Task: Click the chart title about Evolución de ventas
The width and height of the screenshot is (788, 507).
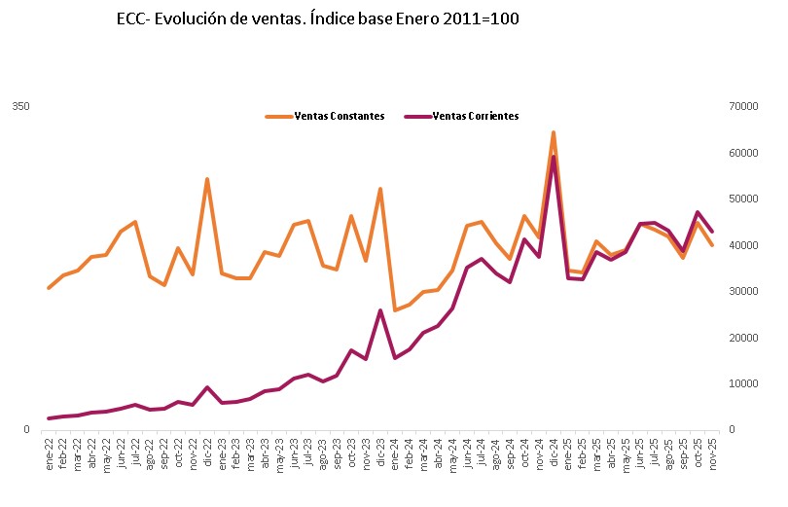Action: point(317,19)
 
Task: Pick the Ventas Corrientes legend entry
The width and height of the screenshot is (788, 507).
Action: point(475,116)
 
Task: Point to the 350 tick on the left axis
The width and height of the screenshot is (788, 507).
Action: point(20,106)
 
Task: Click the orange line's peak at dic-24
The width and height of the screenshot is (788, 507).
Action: point(553,132)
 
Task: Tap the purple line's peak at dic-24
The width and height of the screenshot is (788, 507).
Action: point(553,158)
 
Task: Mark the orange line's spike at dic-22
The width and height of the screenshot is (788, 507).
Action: point(207,179)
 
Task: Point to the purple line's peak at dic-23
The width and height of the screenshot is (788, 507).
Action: point(380,310)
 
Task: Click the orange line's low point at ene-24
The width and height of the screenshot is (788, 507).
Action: point(394,310)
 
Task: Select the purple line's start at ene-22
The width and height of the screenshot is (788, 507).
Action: point(49,418)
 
